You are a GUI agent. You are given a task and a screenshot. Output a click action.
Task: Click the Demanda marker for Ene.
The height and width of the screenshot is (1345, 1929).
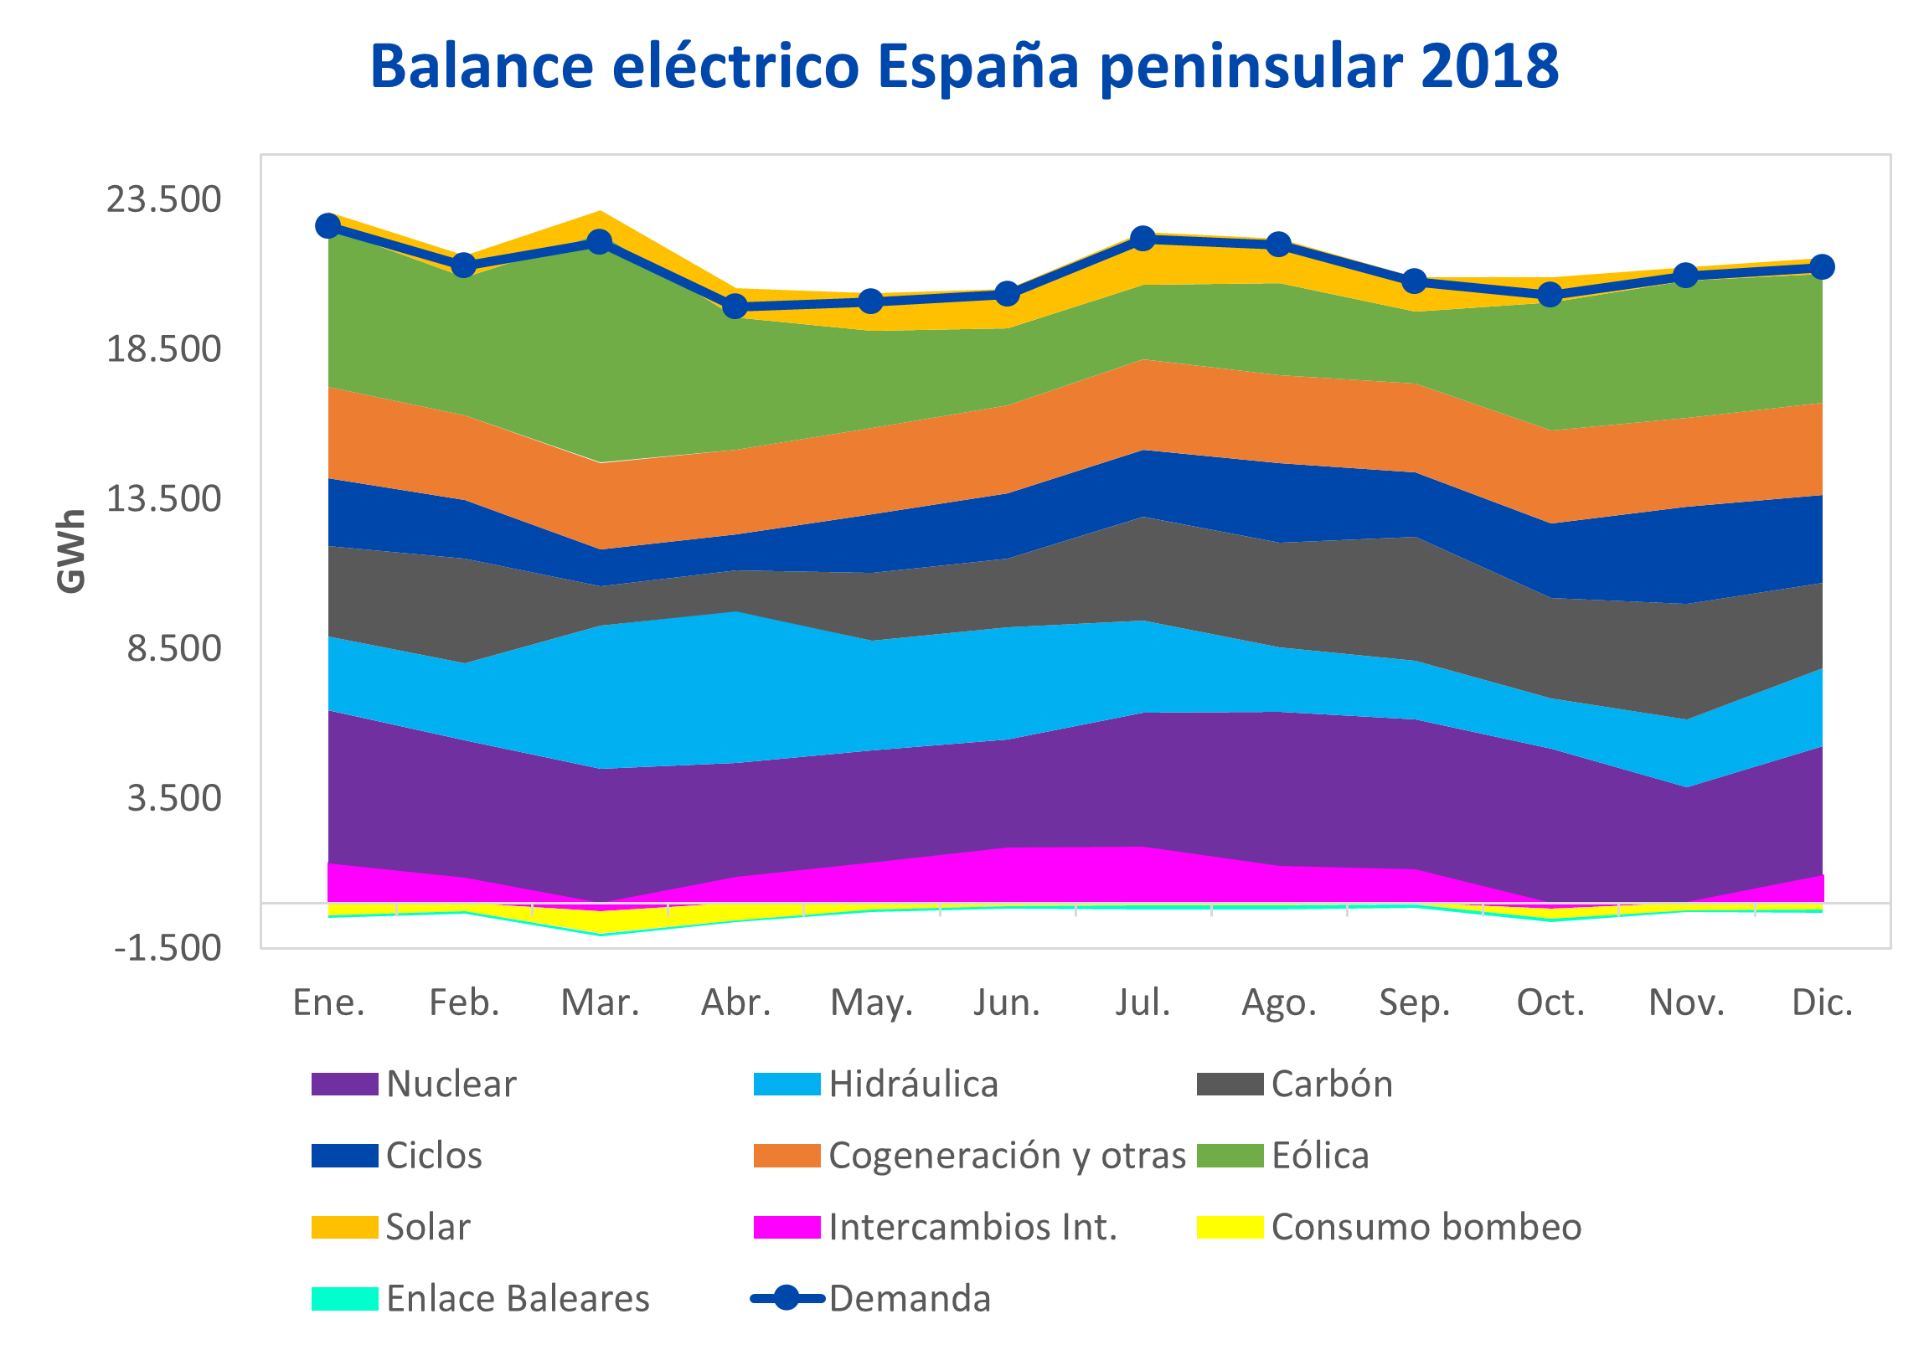coord(328,225)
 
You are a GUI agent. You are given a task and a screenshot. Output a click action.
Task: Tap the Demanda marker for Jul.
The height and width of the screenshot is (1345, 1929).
coord(1142,239)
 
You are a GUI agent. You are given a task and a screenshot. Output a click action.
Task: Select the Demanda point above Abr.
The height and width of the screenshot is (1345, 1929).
coord(735,306)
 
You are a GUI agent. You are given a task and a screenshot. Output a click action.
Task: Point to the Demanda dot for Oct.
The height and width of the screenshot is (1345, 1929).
coord(1550,295)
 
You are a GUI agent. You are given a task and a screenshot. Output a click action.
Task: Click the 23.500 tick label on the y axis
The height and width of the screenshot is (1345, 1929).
coord(163,200)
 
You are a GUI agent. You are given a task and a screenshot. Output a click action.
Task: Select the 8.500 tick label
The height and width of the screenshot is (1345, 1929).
coord(174,648)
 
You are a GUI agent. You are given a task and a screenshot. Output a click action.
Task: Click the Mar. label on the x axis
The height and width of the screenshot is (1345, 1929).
coord(600,1003)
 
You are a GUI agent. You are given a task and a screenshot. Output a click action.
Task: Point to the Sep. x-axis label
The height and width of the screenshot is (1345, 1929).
coord(1415,1003)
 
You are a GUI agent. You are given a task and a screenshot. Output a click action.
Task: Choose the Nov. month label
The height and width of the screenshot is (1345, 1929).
coord(1686,1003)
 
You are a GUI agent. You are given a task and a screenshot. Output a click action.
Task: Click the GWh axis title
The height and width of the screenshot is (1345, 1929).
coord(71,551)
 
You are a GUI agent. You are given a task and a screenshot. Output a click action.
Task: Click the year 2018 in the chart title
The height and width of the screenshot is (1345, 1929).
coord(1489,65)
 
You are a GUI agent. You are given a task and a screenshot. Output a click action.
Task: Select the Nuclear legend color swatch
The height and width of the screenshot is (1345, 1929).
coord(344,1085)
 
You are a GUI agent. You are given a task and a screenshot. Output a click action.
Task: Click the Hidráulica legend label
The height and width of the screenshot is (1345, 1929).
coord(913,1085)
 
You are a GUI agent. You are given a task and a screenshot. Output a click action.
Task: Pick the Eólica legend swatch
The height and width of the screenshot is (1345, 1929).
coord(1230,1156)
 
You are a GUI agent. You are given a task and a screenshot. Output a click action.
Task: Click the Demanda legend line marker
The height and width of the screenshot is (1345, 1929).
coord(787,1299)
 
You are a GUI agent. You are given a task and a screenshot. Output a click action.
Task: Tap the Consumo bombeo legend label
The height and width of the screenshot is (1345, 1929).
coord(1426,1228)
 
